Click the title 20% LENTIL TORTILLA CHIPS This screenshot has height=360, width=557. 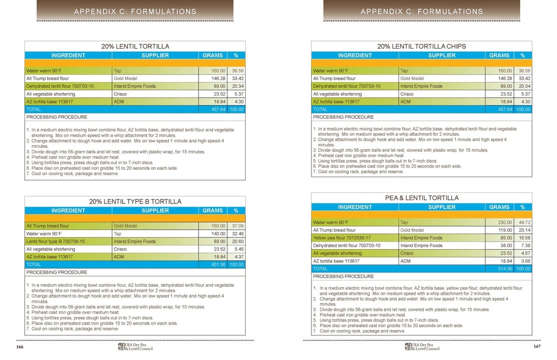click(x=421, y=46)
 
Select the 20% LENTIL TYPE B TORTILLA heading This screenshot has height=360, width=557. click(x=135, y=202)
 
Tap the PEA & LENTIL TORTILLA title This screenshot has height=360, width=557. click(x=422, y=198)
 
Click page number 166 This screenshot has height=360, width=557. click(x=20, y=347)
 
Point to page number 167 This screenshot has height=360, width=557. click(x=537, y=347)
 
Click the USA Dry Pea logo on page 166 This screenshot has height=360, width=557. click(x=135, y=347)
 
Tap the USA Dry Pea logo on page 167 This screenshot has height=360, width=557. click(x=422, y=347)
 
